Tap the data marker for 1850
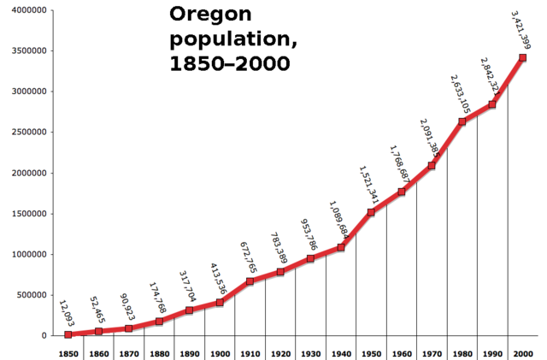point(68,334)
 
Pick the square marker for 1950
point(371,212)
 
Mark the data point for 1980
point(462,121)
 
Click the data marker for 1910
point(250,281)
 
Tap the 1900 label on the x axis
point(219,353)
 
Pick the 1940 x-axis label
point(340,353)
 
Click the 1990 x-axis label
point(491,353)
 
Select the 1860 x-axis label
point(98,353)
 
